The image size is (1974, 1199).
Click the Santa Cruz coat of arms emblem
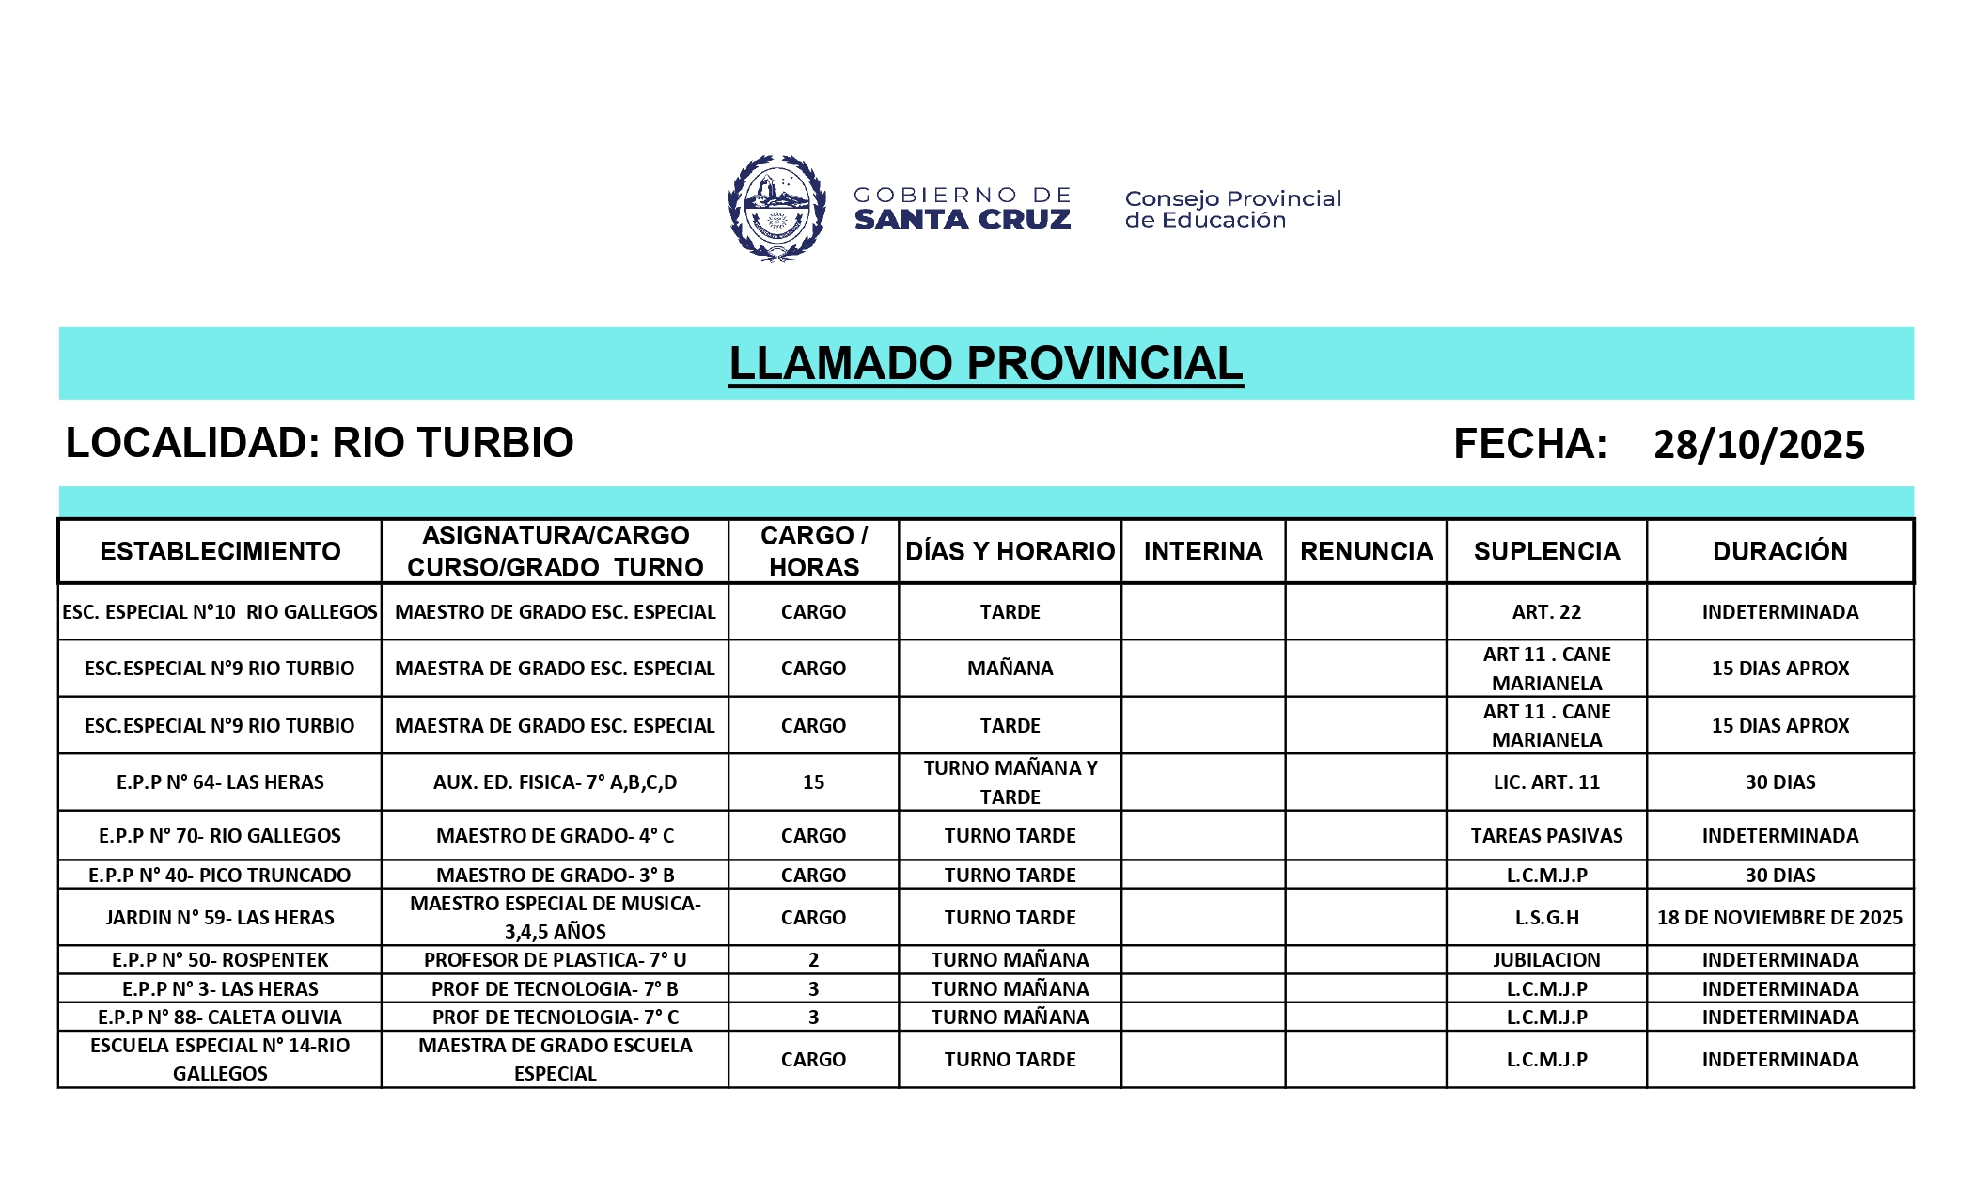point(776,208)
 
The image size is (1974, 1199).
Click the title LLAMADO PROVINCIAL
point(985,364)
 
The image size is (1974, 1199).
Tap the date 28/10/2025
point(1758,445)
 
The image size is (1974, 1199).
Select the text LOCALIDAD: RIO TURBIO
point(320,443)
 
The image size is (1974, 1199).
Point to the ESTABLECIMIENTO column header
point(220,551)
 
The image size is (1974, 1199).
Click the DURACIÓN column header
point(1779,551)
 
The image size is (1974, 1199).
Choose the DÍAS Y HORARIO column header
point(1010,551)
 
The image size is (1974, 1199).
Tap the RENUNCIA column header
point(1366,551)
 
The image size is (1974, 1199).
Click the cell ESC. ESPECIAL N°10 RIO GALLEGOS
point(220,612)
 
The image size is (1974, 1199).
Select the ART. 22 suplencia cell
point(1546,612)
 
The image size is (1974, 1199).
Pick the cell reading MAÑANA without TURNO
point(1010,669)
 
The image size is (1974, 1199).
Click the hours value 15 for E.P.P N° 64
point(813,782)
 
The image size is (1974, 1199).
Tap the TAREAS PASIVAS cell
point(1546,836)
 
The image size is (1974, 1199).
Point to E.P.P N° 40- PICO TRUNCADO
point(220,876)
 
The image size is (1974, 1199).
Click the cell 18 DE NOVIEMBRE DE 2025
point(1779,918)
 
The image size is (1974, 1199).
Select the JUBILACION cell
point(1546,960)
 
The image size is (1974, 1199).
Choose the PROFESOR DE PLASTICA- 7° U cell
point(555,960)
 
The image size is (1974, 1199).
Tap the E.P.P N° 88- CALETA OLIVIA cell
point(220,1018)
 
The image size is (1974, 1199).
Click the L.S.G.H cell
point(1546,918)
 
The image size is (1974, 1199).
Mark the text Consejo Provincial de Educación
point(1232,209)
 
